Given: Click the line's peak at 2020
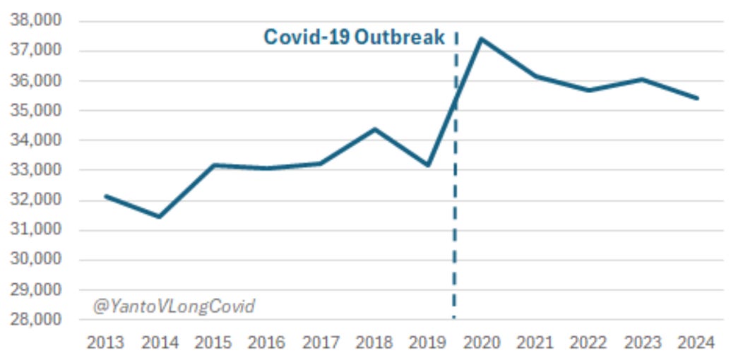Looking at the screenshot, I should (x=482, y=39).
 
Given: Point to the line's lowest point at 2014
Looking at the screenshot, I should (x=160, y=217).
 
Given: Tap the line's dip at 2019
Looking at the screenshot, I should (x=428, y=165).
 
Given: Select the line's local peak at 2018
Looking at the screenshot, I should (x=374, y=129).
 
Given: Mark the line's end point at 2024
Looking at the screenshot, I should (x=696, y=98).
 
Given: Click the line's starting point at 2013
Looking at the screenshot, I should (x=106, y=196).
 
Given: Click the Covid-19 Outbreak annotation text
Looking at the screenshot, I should (x=354, y=37).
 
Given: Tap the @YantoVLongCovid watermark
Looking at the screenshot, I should (x=174, y=306).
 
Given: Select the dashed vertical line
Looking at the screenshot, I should (x=455, y=212).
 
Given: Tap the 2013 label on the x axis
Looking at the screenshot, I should (x=106, y=343).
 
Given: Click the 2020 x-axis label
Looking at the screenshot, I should (x=482, y=343).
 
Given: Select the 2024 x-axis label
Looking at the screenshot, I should (x=696, y=343).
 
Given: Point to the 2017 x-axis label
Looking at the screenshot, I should (x=321, y=343).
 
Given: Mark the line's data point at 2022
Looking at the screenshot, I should (x=589, y=90).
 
